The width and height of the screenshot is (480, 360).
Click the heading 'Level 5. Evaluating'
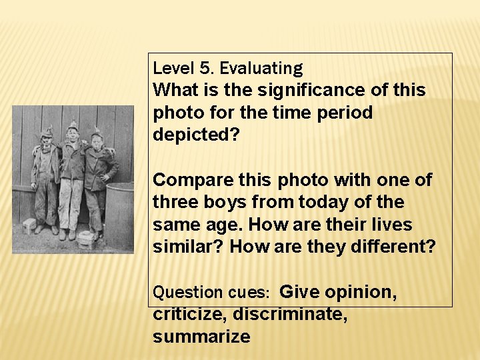pos(227,68)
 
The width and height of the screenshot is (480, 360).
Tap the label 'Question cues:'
pos(211,292)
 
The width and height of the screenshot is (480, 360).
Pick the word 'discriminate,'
pos(290,314)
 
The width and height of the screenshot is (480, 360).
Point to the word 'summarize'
pos(201,337)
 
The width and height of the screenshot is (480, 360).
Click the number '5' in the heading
pos(204,68)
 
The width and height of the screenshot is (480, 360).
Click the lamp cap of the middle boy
pos(72,127)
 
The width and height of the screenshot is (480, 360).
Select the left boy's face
pos(47,141)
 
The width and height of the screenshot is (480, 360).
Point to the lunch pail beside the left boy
pos(29,225)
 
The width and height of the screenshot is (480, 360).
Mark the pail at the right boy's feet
pos(85,237)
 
